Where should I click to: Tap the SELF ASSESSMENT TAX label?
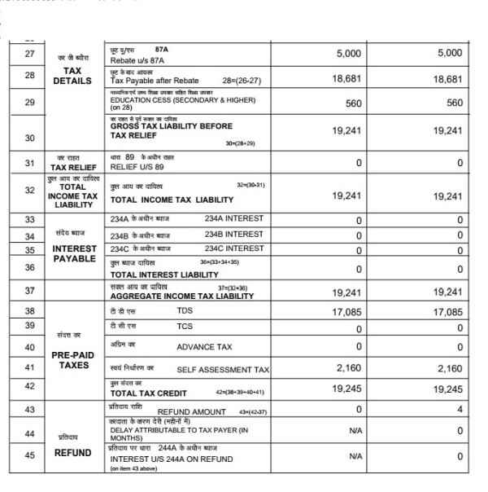point(223,369)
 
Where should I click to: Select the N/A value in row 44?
point(355,430)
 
